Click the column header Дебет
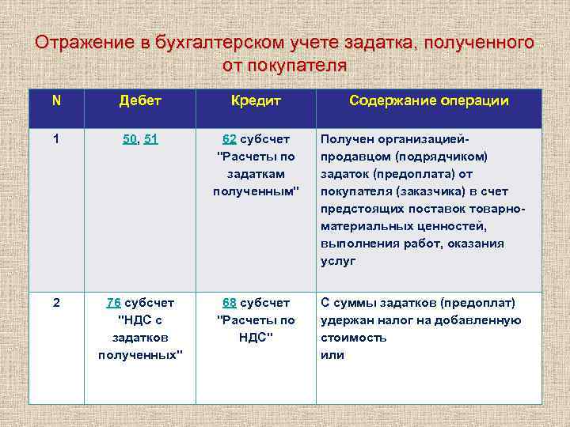(x=140, y=100)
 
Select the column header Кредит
(x=256, y=100)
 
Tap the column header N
(x=56, y=100)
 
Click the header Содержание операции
(x=429, y=100)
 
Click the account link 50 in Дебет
(x=130, y=138)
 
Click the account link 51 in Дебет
(x=151, y=138)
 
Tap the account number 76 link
(x=113, y=303)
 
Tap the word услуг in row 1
(x=338, y=260)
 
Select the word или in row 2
(x=332, y=355)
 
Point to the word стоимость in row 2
(x=353, y=338)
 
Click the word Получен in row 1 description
(x=345, y=138)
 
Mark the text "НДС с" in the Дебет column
(x=140, y=320)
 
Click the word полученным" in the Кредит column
(x=256, y=191)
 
